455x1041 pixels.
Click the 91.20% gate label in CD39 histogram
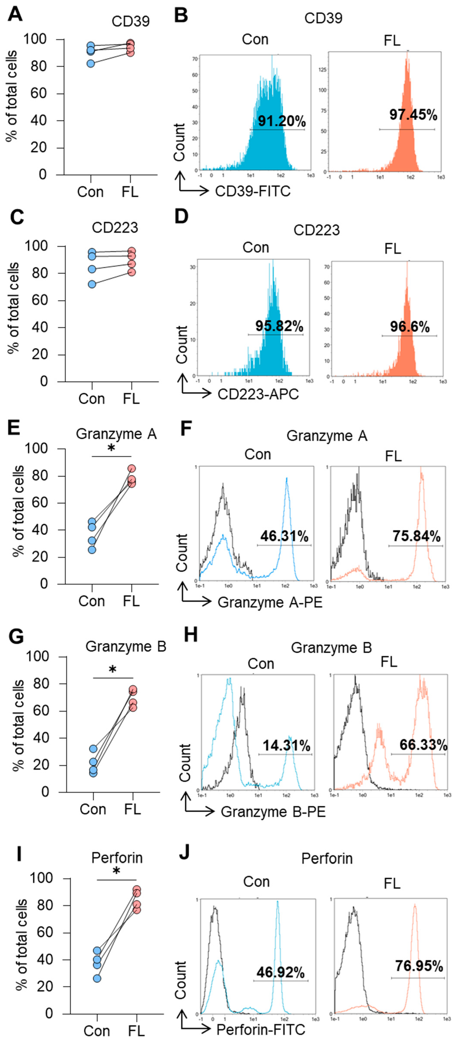pos(282,121)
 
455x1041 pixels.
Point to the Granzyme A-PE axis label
pos(270,602)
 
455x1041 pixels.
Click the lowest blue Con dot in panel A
pos(91,63)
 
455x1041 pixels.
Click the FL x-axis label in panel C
pos(131,399)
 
